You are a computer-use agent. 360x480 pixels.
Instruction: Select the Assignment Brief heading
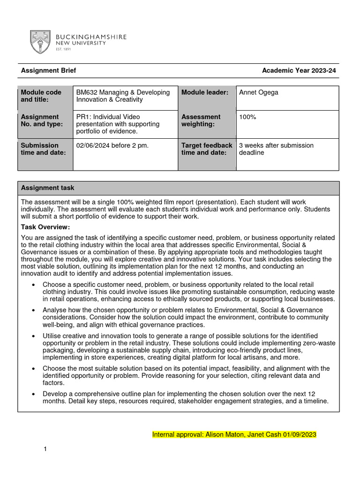click(x=48, y=71)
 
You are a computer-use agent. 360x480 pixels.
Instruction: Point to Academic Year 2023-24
click(x=299, y=71)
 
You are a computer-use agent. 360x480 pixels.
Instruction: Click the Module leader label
click(x=204, y=92)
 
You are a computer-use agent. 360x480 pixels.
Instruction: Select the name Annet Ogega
click(x=258, y=92)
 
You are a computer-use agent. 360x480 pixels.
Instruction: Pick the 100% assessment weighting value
click(x=247, y=117)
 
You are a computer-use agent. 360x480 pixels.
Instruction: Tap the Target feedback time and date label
click(x=206, y=149)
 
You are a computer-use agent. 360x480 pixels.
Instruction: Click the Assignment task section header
click(x=47, y=188)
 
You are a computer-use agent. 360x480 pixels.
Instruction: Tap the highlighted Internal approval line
click(x=234, y=435)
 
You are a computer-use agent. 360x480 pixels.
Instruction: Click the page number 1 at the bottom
click(x=45, y=450)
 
